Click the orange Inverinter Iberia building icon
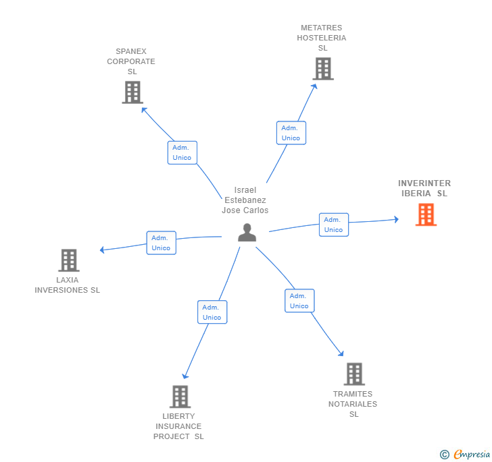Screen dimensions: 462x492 point(426,214)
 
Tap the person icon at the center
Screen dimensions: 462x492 point(247,232)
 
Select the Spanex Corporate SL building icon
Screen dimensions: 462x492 point(132,92)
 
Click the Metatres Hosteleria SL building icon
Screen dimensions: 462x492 point(323,69)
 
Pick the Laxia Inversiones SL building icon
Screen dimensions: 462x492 point(68,260)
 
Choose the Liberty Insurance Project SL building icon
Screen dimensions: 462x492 point(180,397)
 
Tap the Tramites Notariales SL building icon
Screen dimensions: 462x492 point(354,374)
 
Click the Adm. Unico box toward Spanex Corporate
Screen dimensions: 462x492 point(182,152)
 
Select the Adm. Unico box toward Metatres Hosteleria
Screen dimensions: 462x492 point(291,133)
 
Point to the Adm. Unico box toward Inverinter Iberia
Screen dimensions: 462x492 point(333,225)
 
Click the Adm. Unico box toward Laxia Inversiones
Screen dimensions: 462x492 point(161,243)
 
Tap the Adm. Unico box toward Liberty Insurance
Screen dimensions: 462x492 point(212,312)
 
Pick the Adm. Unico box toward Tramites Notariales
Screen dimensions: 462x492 point(299,301)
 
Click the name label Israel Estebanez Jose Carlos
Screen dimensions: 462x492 point(245,200)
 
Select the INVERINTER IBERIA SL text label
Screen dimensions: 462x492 point(424,188)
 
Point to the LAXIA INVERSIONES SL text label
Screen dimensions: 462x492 point(68,285)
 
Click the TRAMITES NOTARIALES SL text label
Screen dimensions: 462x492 point(353,404)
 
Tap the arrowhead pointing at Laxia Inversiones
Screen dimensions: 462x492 point(103,250)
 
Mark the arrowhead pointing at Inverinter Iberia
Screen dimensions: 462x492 point(395,219)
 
